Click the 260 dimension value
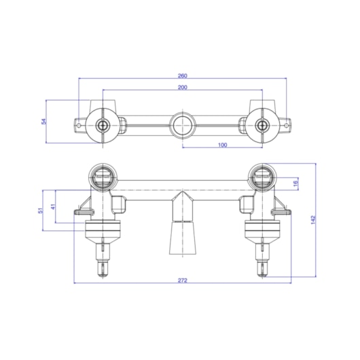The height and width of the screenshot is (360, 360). [x=183, y=75]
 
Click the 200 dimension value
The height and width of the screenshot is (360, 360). [x=183, y=87]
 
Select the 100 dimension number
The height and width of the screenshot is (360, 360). [x=222, y=145]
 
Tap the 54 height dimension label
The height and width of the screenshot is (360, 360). [x=43, y=121]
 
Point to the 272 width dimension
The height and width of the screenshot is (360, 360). [x=183, y=281]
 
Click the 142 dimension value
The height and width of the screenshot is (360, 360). [x=313, y=219]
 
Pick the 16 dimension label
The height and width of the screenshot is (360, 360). [x=295, y=183]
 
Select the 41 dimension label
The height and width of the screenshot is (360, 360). [x=53, y=206]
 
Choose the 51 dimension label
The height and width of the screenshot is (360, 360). [x=41, y=211]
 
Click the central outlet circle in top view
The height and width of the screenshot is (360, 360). [x=183, y=126]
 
